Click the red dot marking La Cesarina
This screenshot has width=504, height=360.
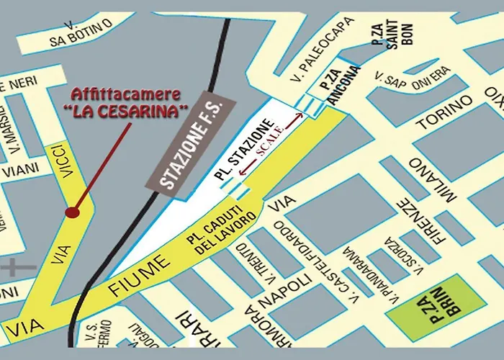(x=71, y=212)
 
